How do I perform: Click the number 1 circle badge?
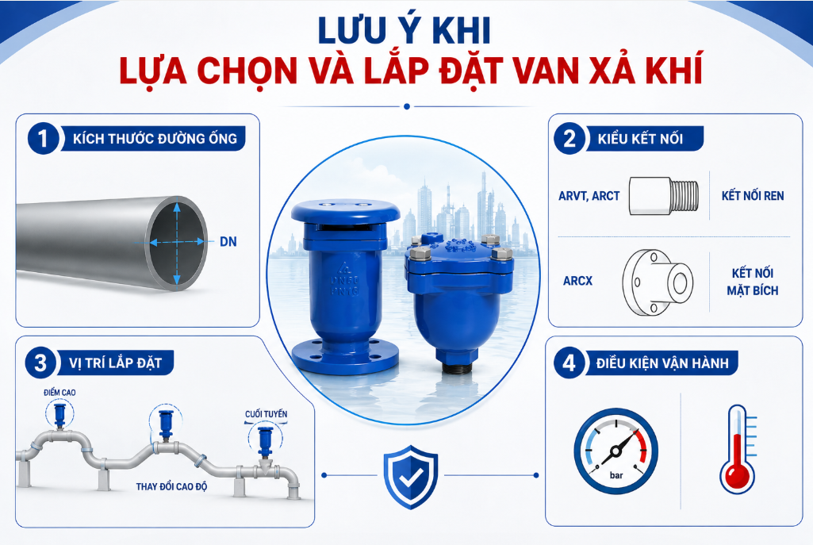point(43,138)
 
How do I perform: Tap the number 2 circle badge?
point(569,139)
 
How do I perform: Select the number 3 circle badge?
point(40,363)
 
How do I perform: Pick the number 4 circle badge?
point(569,363)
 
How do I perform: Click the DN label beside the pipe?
point(228,242)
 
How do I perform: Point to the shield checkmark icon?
point(411,476)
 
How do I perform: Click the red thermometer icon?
point(738,450)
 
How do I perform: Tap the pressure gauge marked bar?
point(616,451)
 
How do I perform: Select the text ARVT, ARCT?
point(589,196)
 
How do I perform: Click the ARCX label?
point(577,281)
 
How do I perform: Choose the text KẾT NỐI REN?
point(753,196)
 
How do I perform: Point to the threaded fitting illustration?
point(664,195)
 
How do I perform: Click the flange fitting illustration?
point(658,282)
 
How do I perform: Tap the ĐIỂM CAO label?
point(59,393)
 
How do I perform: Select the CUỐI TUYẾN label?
point(266,414)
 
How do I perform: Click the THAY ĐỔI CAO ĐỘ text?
point(171,486)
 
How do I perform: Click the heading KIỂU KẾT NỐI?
point(640,139)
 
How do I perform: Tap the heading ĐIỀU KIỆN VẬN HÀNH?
point(662,363)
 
